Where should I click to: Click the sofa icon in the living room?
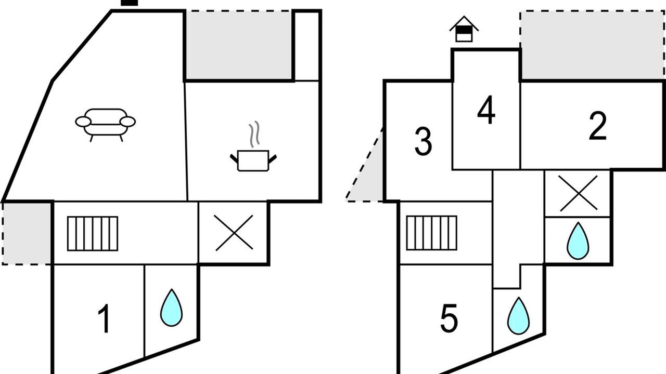coord(105,125)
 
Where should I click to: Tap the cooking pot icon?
coord(253,161)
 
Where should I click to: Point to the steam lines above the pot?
coord(254,134)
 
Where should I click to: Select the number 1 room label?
coord(105,319)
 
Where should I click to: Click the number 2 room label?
coord(598,126)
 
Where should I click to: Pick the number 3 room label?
coord(423,141)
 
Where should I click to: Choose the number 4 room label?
coord(486,110)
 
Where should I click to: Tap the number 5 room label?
coord(449,318)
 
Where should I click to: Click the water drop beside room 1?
coord(172,308)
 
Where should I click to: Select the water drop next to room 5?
coord(519,316)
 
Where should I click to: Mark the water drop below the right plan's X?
coord(578,241)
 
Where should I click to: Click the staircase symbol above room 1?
coord(93,234)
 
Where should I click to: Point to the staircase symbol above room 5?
coord(432,233)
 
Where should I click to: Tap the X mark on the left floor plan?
coord(234,233)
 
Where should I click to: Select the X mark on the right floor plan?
coord(578,193)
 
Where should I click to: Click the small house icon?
coord(464,29)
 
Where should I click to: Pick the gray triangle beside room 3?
coord(369,175)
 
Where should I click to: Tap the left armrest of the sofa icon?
coord(83,122)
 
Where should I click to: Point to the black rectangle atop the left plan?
coord(130,3)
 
